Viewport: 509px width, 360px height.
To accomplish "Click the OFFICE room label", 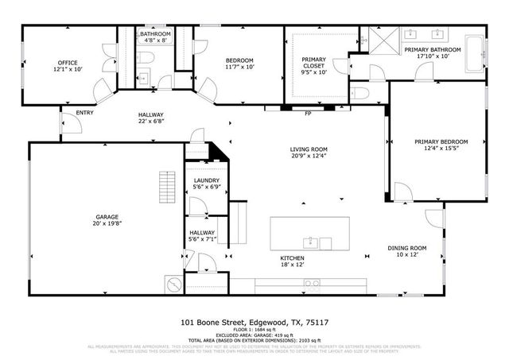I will [x=68, y=62].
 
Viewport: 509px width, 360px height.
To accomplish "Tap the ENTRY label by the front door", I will [x=84, y=113].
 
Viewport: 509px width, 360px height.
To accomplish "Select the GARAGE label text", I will [x=107, y=216].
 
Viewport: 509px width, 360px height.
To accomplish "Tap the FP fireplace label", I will [x=308, y=113].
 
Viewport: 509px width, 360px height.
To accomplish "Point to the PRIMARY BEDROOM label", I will [x=441, y=141].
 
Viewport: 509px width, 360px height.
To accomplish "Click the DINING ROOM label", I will [x=407, y=249].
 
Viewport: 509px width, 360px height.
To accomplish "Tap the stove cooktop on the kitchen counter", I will [x=313, y=282].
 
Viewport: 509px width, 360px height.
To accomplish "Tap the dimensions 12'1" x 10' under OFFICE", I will [x=68, y=70].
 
